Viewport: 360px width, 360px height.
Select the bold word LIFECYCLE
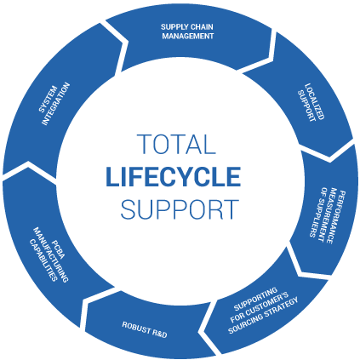pyautogui.click(x=174, y=176)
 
